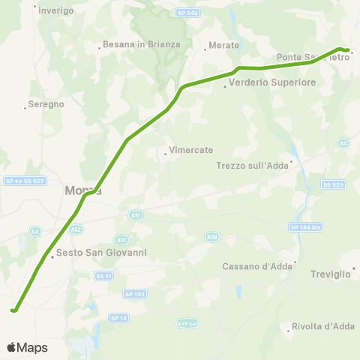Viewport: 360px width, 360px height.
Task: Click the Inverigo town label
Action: pos(56,10)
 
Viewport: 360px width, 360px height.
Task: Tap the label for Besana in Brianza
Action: pos(143,44)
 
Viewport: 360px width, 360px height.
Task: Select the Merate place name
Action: pos(224,45)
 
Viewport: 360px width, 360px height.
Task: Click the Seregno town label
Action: pos(46,104)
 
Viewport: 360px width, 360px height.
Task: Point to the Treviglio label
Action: pos(331,274)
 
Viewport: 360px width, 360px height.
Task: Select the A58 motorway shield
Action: pos(211,237)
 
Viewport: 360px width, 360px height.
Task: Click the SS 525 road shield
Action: pos(331,184)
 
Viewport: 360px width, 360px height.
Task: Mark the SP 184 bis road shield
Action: pos(305,226)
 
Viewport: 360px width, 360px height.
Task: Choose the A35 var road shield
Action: pos(187,323)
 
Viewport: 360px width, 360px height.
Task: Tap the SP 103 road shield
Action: pos(134,294)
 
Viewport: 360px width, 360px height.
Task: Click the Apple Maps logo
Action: pos(27,347)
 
